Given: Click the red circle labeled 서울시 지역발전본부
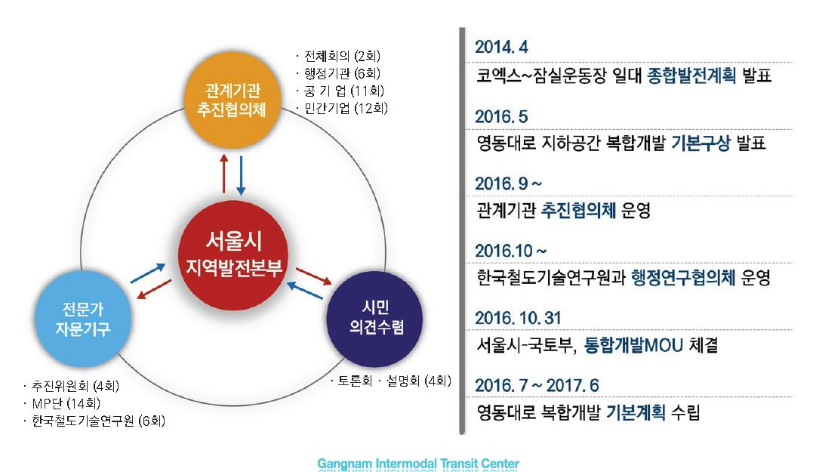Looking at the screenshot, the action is [233, 255].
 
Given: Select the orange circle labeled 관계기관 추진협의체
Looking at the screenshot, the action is [232, 100].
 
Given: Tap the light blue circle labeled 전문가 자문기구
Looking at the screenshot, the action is [82, 319].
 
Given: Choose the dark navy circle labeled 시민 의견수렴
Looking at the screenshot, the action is [374, 319].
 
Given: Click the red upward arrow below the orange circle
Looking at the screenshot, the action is [224, 174].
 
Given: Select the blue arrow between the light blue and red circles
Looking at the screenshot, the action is [148, 273].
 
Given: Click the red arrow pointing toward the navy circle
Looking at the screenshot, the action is [314, 276].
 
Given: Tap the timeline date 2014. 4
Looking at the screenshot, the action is [501, 47].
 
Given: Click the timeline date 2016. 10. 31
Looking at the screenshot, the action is [518, 318].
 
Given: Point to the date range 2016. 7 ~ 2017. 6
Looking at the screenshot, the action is [537, 385].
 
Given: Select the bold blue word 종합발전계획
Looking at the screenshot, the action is [691, 76].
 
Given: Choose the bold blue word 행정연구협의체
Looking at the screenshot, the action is [683, 278].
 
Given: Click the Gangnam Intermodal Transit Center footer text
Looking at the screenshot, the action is [418, 463].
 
